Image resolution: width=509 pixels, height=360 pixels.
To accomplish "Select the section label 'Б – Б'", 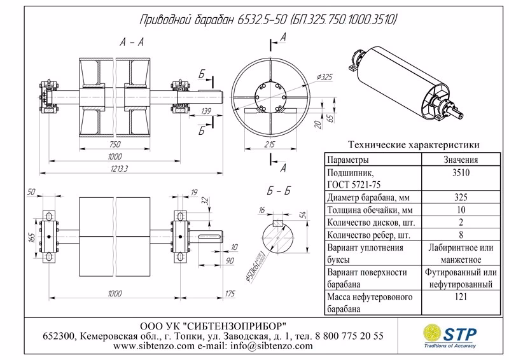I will pos(277,191).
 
